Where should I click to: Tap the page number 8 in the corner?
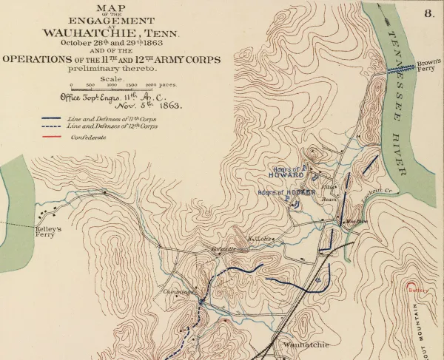coord(429,13)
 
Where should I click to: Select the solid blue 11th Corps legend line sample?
coord(51,118)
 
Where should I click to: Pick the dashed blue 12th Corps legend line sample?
coord(51,126)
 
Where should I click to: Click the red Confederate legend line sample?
coord(51,137)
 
